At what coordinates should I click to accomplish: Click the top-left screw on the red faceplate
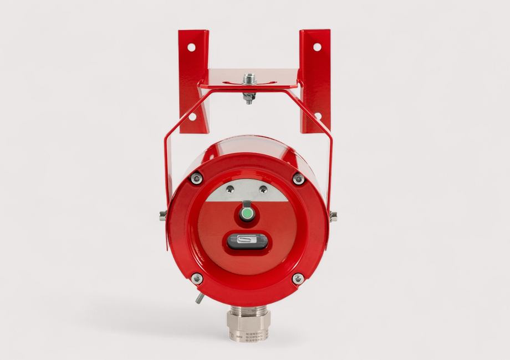196,178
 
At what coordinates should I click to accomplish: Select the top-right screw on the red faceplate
298,178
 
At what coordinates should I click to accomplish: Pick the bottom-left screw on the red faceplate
197,279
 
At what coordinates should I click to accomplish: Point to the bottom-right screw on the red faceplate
298,279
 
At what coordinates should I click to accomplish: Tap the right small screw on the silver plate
263,189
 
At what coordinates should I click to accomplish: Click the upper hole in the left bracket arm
191,47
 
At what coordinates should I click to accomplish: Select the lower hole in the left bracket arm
192,117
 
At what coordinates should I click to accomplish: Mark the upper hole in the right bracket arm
317,47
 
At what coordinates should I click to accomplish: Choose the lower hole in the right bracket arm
318,116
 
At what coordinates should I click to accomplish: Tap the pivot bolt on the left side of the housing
162,215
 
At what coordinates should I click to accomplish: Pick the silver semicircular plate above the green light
247,192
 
